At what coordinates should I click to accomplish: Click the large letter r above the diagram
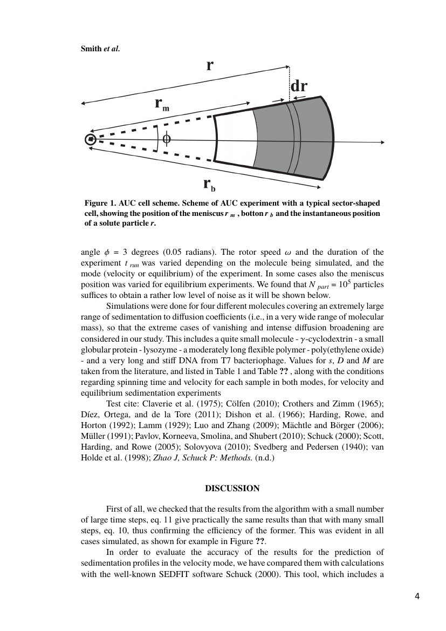tap(210, 65)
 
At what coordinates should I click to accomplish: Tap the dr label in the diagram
tap(299, 87)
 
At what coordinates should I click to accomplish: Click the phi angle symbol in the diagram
tap(167, 139)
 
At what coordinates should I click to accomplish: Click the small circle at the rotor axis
tap(91, 140)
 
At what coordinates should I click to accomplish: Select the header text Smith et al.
tap(100, 49)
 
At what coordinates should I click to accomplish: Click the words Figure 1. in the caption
tap(100, 203)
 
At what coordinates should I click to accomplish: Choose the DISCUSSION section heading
tap(232, 488)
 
